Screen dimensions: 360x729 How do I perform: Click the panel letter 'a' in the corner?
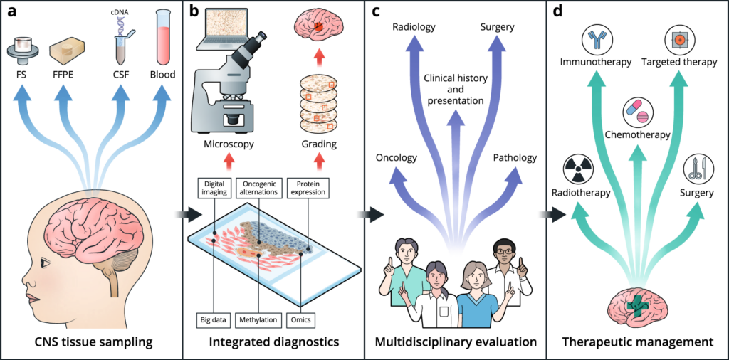pos(11,12)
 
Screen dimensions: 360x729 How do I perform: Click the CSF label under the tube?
pos(120,73)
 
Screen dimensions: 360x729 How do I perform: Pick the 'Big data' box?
pos(214,319)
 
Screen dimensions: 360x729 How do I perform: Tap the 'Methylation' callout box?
pos(258,319)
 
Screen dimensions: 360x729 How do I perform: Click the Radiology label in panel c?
pos(414,27)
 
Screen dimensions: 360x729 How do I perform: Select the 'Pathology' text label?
pos(514,157)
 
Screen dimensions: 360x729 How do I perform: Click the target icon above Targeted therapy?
pos(678,40)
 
